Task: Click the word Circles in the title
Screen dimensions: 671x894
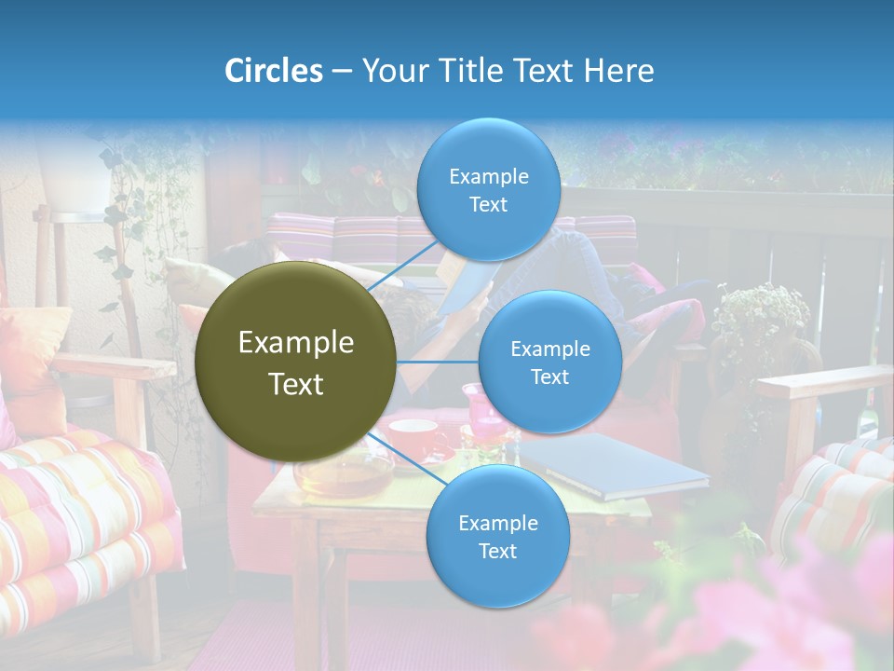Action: (x=273, y=71)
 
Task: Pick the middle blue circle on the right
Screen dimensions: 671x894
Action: (x=549, y=362)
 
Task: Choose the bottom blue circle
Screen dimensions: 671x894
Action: (x=497, y=536)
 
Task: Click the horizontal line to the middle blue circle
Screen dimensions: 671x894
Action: (x=438, y=362)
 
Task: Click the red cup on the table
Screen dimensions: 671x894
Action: (x=415, y=438)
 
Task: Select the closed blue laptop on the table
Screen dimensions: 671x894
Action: (x=615, y=466)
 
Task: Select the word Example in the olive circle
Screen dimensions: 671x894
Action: (x=296, y=343)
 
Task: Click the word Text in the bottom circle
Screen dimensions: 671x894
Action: (x=497, y=551)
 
